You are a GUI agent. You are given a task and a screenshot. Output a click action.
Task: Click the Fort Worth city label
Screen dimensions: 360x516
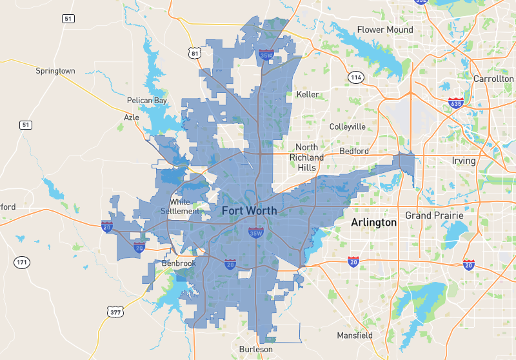tap(249, 211)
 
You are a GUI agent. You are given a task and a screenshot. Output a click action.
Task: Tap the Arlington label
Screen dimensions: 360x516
tap(373, 223)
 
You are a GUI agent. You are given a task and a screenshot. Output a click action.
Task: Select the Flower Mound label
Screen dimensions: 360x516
tap(384, 30)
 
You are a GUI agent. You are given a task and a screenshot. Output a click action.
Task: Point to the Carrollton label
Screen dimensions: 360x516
tap(493, 78)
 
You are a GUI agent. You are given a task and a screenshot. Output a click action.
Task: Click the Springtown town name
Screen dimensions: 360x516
tap(55, 71)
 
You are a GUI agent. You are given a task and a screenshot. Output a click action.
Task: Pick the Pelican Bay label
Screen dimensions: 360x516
tap(147, 101)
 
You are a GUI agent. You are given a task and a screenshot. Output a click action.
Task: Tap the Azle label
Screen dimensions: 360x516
tap(132, 117)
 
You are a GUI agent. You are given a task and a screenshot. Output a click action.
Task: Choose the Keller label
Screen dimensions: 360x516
tap(307, 94)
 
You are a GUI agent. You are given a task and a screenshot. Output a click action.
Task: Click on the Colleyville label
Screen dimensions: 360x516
tap(347, 126)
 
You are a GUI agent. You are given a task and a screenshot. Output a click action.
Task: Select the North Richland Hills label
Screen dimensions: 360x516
tap(306, 157)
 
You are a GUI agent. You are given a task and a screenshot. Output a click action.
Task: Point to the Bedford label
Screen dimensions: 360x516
tap(353, 151)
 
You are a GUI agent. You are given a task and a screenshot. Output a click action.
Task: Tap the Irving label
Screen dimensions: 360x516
tap(463, 161)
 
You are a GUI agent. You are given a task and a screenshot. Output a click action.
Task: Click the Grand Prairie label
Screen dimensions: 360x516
tap(434, 215)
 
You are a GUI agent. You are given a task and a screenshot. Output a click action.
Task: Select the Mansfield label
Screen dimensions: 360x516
tap(355, 335)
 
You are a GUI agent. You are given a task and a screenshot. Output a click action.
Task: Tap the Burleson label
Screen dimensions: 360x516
tap(255, 349)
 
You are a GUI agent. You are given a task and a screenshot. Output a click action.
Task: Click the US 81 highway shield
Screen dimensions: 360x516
tap(195, 54)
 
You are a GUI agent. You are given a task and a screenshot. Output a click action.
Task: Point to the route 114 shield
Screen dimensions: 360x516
tap(355, 77)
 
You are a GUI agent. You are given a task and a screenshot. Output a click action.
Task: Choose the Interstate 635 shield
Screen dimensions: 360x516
tap(456, 103)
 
